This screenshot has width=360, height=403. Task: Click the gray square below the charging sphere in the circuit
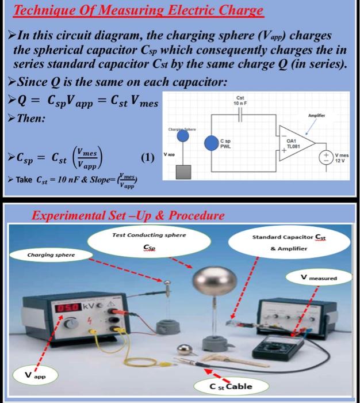(x=183, y=172)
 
